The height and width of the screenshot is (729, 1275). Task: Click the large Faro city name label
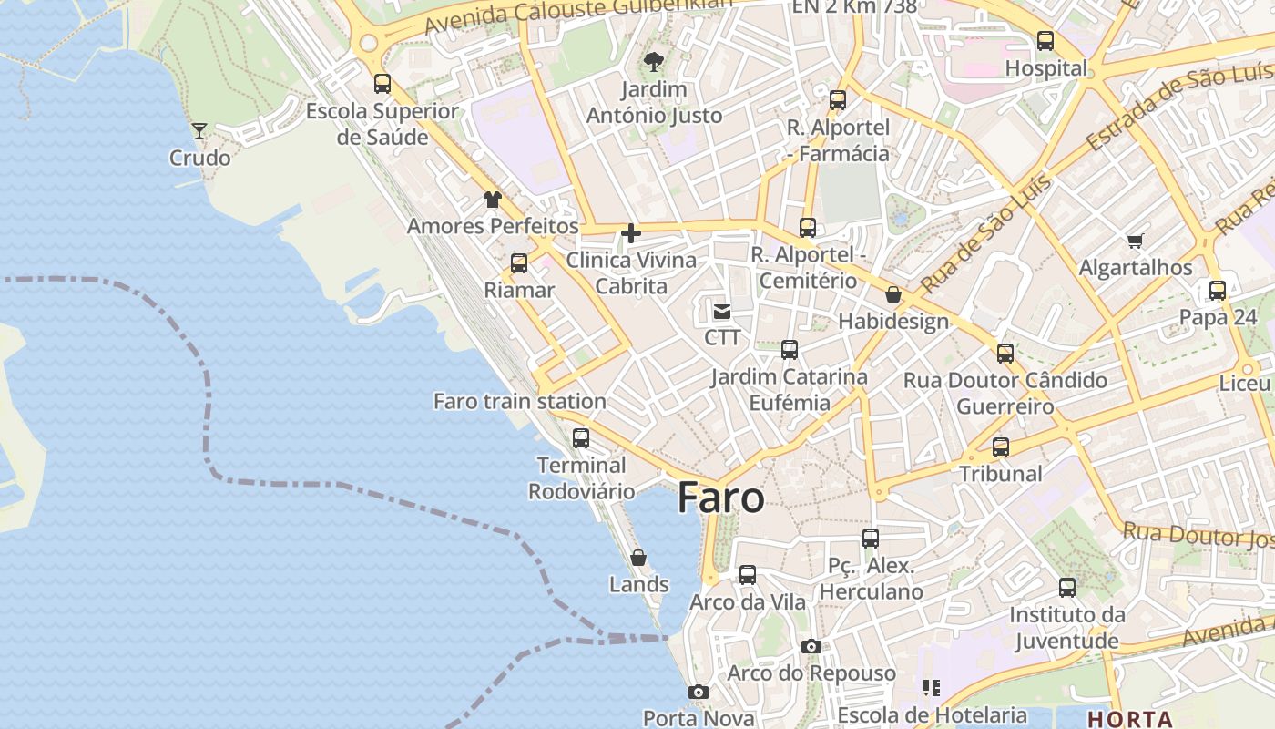pyautogui.click(x=720, y=498)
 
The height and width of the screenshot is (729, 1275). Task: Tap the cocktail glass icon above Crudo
pyautogui.click(x=199, y=131)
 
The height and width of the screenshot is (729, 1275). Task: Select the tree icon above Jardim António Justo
pyautogui.click(x=653, y=62)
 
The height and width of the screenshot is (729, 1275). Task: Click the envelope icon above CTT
pyautogui.click(x=722, y=312)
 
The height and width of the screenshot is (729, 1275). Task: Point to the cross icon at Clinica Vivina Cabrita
pyautogui.click(x=630, y=233)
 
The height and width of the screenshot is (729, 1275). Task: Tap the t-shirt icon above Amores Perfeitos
pyautogui.click(x=493, y=200)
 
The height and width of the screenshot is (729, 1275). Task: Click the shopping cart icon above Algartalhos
pyautogui.click(x=1135, y=241)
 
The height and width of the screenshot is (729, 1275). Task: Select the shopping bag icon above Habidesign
pyautogui.click(x=893, y=294)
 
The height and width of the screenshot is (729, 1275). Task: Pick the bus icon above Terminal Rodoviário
pyautogui.click(x=581, y=438)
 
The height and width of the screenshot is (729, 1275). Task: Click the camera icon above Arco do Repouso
pyautogui.click(x=811, y=647)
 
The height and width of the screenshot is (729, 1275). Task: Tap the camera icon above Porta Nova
pyautogui.click(x=699, y=693)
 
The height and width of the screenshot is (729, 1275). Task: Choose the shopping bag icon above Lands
pyautogui.click(x=638, y=558)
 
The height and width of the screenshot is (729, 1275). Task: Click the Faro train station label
pyautogui.click(x=519, y=401)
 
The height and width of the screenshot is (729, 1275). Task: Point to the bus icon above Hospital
pyautogui.click(x=1045, y=41)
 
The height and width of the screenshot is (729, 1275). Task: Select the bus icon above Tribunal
pyautogui.click(x=1001, y=447)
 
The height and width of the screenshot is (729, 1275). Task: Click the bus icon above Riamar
pyautogui.click(x=519, y=263)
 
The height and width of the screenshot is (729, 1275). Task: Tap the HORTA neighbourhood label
pyautogui.click(x=1129, y=718)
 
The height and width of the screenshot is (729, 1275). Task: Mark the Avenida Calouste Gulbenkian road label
pyautogui.click(x=578, y=13)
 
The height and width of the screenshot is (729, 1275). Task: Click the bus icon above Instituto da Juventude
pyautogui.click(x=1067, y=588)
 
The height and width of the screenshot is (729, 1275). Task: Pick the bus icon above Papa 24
pyautogui.click(x=1218, y=291)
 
